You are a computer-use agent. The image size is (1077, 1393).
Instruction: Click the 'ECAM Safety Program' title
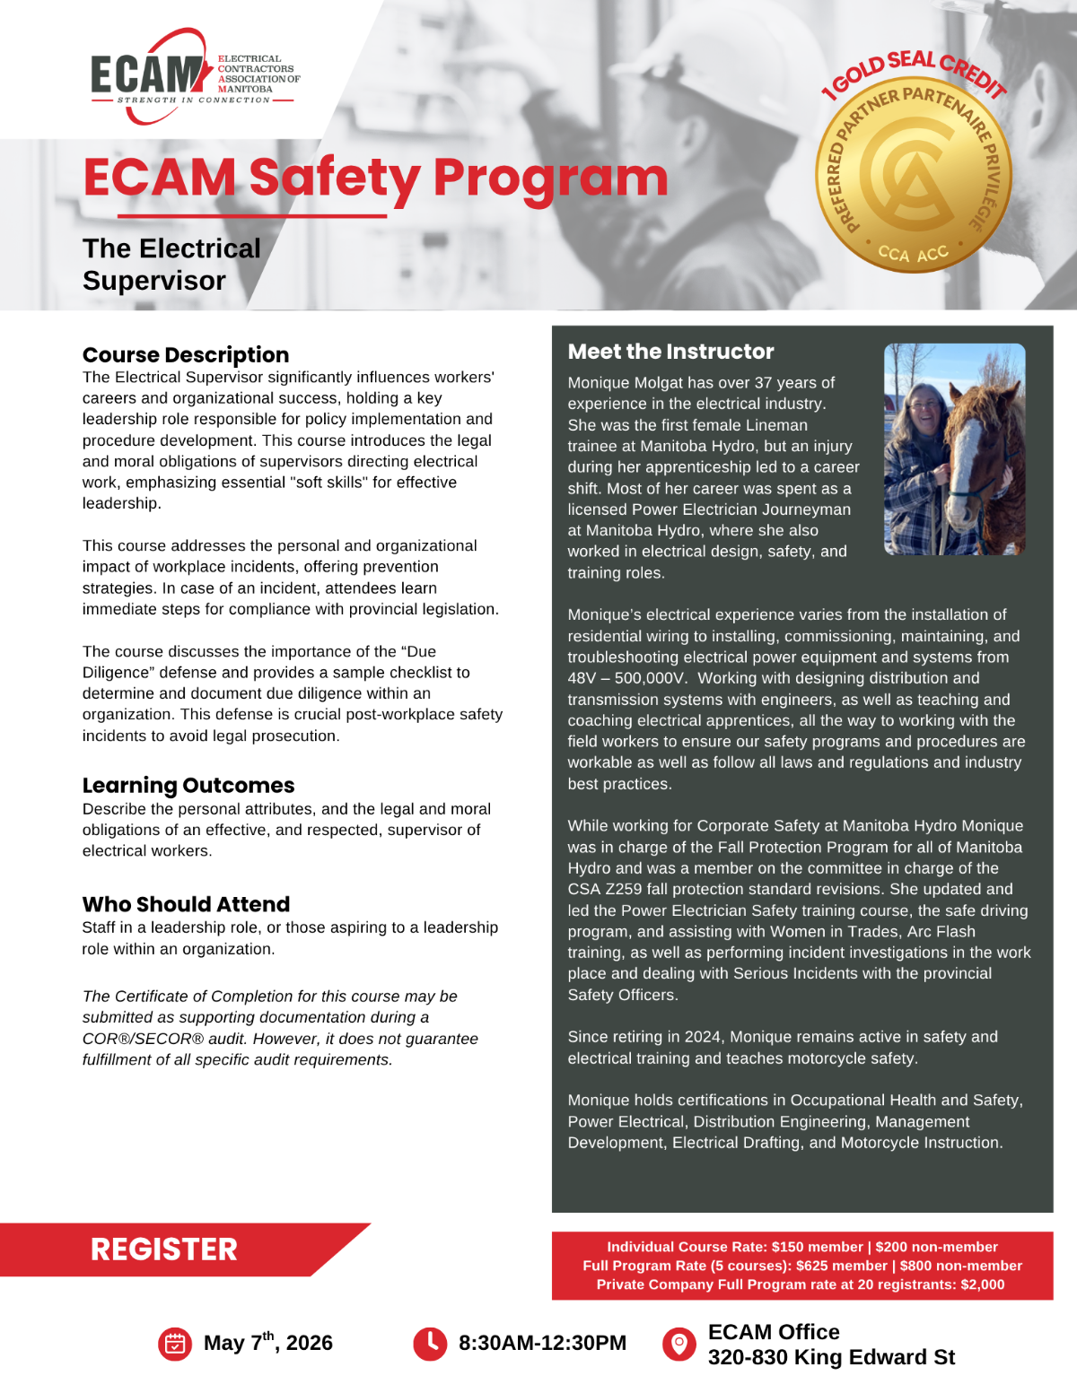[x=375, y=178]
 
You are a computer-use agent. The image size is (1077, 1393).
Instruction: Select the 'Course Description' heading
[x=186, y=354]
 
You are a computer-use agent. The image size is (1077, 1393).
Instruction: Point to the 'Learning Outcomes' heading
[x=188, y=785]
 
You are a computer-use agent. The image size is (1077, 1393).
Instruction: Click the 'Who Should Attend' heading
[x=186, y=904]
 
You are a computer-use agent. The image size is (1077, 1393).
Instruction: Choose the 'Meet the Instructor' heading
[x=670, y=352]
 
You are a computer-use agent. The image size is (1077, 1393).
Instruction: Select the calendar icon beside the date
[x=175, y=1343]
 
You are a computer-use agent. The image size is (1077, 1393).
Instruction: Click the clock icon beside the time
[x=430, y=1343]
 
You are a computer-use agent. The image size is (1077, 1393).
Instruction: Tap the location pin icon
[x=679, y=1343]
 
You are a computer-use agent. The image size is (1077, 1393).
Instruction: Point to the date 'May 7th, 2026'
[x=267, y=1343]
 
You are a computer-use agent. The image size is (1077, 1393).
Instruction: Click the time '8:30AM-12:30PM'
[x=542, y=1343]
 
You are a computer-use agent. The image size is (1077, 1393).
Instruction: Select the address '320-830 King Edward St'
[x=831, y=1357]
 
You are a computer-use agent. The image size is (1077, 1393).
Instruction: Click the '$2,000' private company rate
[x=982, y=1284]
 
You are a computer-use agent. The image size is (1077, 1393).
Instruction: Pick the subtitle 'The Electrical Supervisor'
[x=171, y=265]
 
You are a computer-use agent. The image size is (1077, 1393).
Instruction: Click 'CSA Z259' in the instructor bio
[x=610, y=889]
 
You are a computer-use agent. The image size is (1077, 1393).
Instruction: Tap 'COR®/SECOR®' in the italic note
[x=144, y=1039]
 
